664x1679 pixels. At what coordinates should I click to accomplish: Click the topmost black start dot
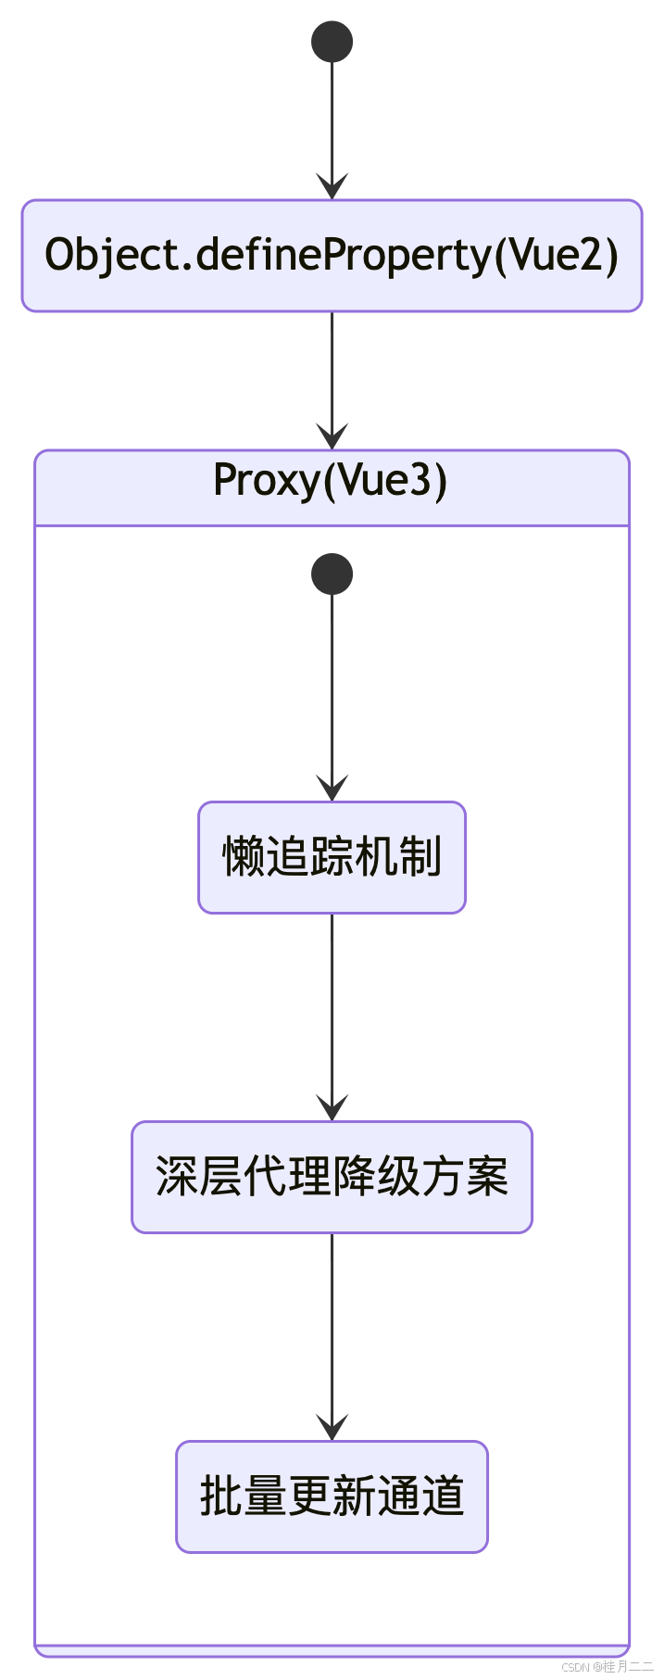332,42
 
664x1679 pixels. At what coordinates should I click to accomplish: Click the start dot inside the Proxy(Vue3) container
332,574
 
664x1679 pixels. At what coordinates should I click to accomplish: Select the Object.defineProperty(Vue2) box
332,255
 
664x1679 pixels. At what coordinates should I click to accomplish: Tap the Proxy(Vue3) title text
331,480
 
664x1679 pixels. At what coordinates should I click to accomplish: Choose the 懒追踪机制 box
332,857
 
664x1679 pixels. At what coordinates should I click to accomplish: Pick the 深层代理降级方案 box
332,1177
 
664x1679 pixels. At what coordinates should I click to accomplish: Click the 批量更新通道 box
332,1496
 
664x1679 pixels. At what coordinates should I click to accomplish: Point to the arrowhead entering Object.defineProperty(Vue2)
332,187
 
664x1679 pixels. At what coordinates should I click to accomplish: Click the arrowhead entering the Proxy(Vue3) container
332,437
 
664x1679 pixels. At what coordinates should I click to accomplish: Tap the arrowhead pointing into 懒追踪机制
332,789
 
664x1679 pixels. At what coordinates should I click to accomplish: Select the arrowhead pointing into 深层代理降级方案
332,1108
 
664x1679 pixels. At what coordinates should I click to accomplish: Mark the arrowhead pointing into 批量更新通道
332,1428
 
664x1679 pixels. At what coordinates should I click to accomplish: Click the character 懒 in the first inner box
244,857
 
